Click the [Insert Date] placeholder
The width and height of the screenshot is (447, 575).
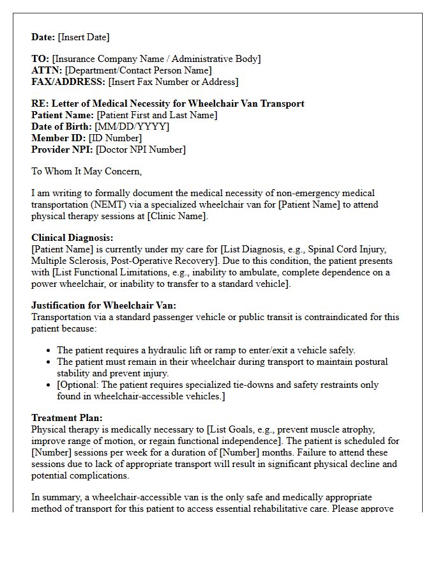click(x=84, y=37)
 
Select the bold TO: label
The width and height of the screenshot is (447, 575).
click(x=40, y=59)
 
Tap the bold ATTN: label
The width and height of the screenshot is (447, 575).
click(x=47, y=70)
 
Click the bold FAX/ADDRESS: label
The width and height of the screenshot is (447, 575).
click(x=68, y=82)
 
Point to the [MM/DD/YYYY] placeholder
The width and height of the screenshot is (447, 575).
click(x=132, y=126)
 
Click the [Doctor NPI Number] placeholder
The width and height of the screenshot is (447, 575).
click(x=140, y=149)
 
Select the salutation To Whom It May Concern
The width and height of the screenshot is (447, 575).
click(x=87, y=171)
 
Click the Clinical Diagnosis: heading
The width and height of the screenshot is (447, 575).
click(x=72, y=238)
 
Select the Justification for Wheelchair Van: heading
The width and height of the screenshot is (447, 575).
click(x=104, y=305)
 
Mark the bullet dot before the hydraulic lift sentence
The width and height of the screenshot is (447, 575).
click(x=49, y=351)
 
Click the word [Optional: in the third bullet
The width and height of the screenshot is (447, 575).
click(x=78, y=385)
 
